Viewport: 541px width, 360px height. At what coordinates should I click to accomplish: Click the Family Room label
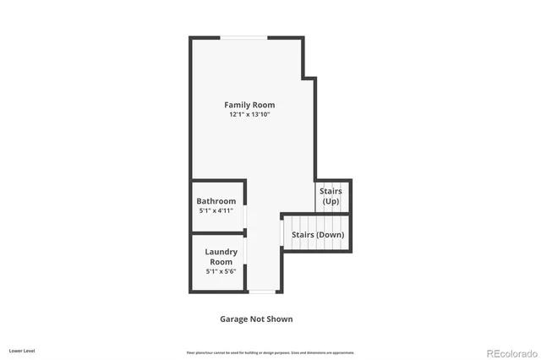click(x=249, y=105)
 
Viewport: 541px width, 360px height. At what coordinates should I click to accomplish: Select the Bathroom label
click(x=216, y=201)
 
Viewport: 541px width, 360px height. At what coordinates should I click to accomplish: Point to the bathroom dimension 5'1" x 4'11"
click(x=216, y=210)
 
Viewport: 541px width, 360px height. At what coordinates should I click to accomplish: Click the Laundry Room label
click(x=221, y=257)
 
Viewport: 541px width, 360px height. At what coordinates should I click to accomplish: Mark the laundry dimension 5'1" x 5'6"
click(x=221, y=271)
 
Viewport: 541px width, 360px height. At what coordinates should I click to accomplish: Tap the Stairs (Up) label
click(x=331, y=196)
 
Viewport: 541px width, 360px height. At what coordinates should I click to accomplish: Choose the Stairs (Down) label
click(x=318, y=234)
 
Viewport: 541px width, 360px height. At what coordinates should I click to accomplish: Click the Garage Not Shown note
click(x=256, y=319)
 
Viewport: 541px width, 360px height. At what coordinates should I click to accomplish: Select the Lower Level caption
click(x=22, y=350)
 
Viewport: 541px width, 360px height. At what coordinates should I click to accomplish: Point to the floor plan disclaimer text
click(x=270, y=352)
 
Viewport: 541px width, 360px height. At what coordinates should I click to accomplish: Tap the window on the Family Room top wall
click(x=245, y=37)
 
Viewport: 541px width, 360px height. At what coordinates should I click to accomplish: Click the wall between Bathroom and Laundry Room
click(x=217, y=232)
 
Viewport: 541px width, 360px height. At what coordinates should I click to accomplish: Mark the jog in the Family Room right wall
click(x=309, y=79)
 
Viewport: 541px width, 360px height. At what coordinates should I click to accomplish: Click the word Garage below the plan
click(x=234, y=319)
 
